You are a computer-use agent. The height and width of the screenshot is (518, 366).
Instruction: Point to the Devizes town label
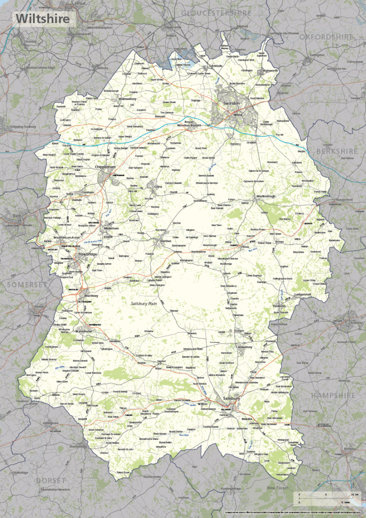pos(164,241)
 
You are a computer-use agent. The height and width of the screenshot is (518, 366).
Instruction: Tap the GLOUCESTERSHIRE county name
pos(216,12)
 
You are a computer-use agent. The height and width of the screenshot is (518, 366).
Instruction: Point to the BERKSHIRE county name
pos(337,151)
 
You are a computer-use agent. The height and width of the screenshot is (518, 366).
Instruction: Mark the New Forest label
pos(277,488)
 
